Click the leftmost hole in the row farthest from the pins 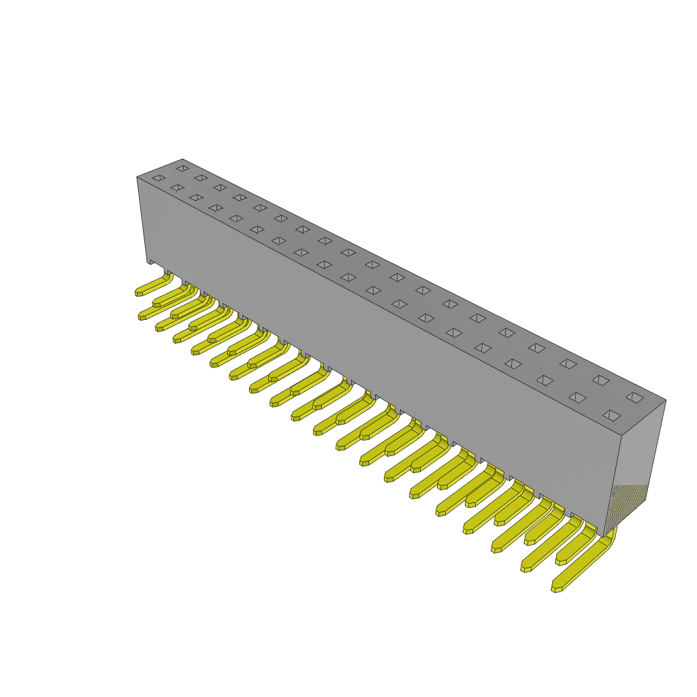point(182,167)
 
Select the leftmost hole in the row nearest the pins point(158,178)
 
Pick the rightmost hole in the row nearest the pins point(611,414)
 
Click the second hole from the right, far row point(600,379)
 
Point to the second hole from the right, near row point(577,396)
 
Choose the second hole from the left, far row point(200,177)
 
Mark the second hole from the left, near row point(176,187)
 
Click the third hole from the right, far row point(567,363)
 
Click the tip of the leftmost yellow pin point(139,292)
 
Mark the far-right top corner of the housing point(666,400)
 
